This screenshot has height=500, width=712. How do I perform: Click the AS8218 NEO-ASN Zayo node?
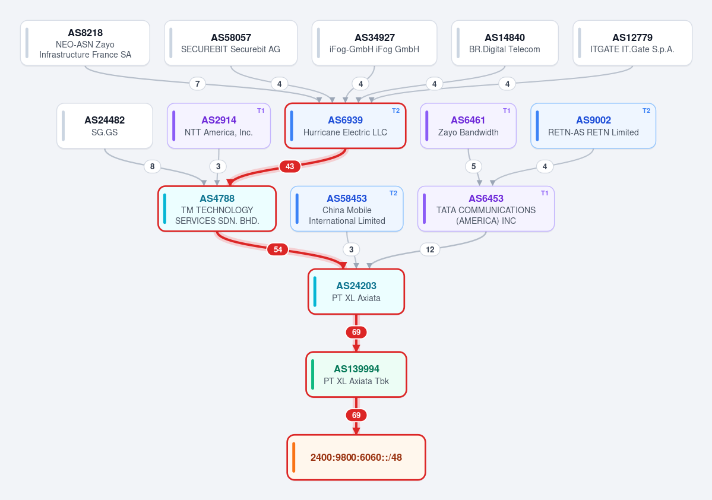click(x=85, y=43)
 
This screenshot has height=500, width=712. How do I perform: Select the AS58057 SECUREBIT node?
click(x=230, y=43)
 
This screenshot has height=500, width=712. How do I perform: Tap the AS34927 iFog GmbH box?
click(x=374, y=43)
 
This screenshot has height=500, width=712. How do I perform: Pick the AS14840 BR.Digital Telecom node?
click(x=505, y=43)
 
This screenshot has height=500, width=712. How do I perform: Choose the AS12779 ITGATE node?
click(x=632, y=43)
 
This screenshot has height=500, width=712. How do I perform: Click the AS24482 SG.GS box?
click(x=105, y=126)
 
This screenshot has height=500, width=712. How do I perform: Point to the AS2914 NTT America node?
click(x=219, y=126)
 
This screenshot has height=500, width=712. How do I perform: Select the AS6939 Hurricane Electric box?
click(x=345, y=126)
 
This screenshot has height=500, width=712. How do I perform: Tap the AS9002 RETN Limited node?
click(x=593, y=126)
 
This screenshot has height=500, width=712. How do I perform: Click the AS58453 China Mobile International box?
click(x=347, y=209)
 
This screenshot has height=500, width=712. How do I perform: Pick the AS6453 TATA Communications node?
click(x=486, y=209)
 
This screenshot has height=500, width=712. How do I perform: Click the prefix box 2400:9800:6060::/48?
click(x=356, y=457)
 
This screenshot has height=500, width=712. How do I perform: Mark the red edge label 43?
click(x=290, y=167)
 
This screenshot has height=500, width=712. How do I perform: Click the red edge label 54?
click(x=278, y=249)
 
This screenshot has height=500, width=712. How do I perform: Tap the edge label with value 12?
click(x=430, y=249)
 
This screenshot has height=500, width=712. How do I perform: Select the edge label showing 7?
click(x=198, y=84)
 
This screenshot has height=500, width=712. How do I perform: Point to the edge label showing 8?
click(x=152, y=167)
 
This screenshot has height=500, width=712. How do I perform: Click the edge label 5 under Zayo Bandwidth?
click(x=474, y=167)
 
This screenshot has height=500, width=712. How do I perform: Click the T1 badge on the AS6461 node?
click(x=507, y=110)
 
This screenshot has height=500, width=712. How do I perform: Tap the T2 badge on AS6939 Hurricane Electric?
click(x=395, y=110)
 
